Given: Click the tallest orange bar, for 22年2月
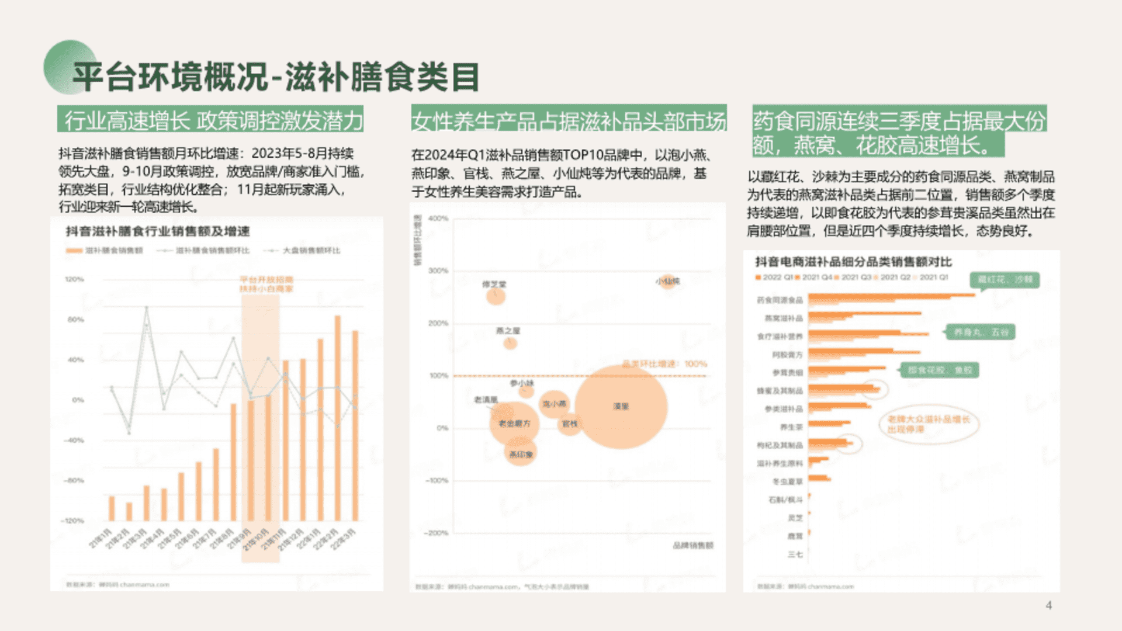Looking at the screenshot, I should [x=338, y=418].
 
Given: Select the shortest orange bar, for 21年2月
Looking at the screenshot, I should [x=129, y=511].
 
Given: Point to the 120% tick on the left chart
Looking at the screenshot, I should [x=75, y=279].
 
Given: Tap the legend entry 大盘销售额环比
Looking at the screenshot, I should [x=311, y=251].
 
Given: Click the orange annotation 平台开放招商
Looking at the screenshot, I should [x=266, y=280].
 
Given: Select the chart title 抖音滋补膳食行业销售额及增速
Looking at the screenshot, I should [x=158, y=231].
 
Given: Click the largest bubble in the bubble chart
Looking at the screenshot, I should [x=621, y=407].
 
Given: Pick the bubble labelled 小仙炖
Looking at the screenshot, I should [x=667, y=282].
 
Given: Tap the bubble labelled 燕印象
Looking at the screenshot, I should [x=520, y=454].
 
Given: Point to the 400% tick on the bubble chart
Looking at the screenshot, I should [x=438, y=219].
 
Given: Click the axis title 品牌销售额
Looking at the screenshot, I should [x=692, y=545].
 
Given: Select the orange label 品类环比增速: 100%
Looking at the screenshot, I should [x=664, y=364].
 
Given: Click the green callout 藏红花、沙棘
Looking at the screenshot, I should [x=1005, y=280].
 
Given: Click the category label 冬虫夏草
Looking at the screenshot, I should [x=787, y=481].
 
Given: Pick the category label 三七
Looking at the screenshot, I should [x=795, y=554].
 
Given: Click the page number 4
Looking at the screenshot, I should [x=1049, y=605].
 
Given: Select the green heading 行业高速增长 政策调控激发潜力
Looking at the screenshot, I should [x=210, y=120].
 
